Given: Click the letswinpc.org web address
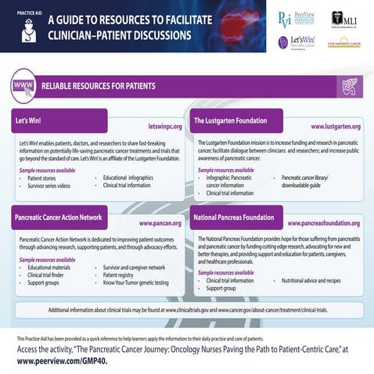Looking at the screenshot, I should point(164,125).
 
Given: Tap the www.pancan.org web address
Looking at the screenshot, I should point(160,223).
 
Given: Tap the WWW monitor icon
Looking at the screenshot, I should point(24,86).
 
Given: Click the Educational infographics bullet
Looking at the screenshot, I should point(128,178).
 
